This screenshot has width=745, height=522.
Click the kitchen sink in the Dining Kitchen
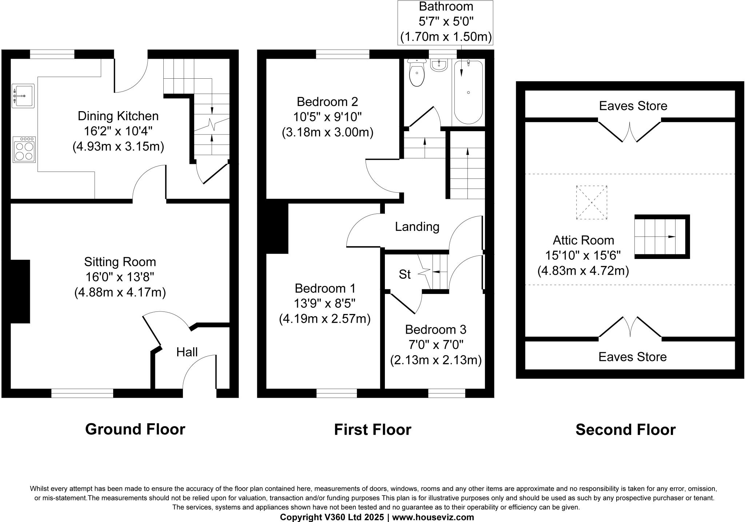click(x=23, y=96)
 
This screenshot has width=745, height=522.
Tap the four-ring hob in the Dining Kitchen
click(x=24, y=149)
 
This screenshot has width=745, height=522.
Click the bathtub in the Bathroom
click(x=468, y=92)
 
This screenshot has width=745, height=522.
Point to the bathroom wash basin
click(x=439, y=66)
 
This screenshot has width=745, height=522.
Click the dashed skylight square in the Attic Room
click(x=591, y=203)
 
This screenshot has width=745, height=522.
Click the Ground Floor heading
click(x=135, y=429)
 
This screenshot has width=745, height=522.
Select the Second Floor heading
click(x=625, y=429)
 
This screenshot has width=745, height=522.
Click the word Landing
click(x=417, y=227)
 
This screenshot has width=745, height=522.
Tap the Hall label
click(x=187, y=352)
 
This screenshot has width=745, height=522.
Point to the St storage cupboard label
click(x=405, y=274)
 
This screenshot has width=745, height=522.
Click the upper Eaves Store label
click(x=633, y=106)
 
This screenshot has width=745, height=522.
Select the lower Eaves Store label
click(x=633, y=357)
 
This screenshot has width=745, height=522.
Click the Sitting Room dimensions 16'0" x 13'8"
click(x=120, y=277)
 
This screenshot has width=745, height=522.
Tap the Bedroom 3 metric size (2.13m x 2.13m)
click(x=436, y=360)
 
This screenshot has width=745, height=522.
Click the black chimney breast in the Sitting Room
click(x=20, y=291)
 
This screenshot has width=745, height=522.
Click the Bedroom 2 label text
click(x=327, y=101)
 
